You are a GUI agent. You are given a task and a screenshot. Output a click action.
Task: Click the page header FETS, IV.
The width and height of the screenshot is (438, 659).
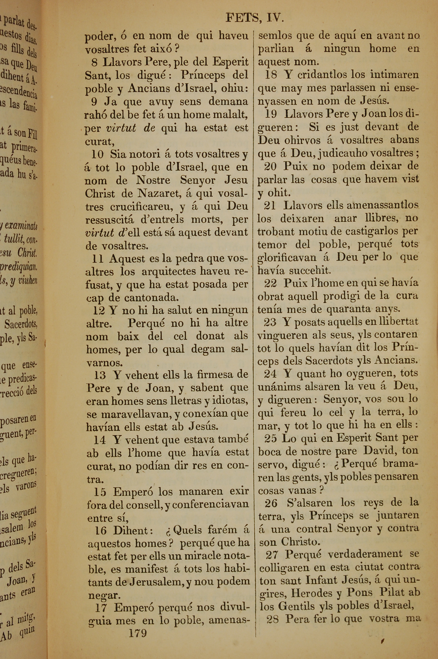pyautogui.click(x=254, y=18)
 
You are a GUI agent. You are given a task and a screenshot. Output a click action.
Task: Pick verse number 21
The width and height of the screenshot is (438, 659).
pyautogui.click(x=270, y=205)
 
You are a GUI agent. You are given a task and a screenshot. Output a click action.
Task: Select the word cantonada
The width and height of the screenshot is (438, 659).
pyautogui.click(x=151, y=298)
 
